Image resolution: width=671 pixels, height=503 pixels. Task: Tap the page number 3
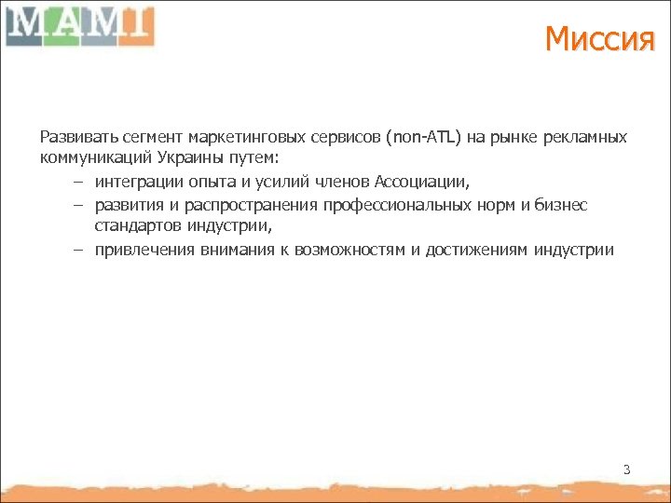(626, 469)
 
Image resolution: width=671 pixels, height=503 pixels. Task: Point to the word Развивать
(73, 137)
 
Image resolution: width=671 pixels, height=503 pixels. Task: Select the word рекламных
(588, 137)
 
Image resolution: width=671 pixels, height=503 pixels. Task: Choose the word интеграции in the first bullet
(133, 181)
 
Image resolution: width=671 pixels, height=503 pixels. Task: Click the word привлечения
(138, 249)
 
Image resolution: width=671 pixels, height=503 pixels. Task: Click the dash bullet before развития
(78, 204)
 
